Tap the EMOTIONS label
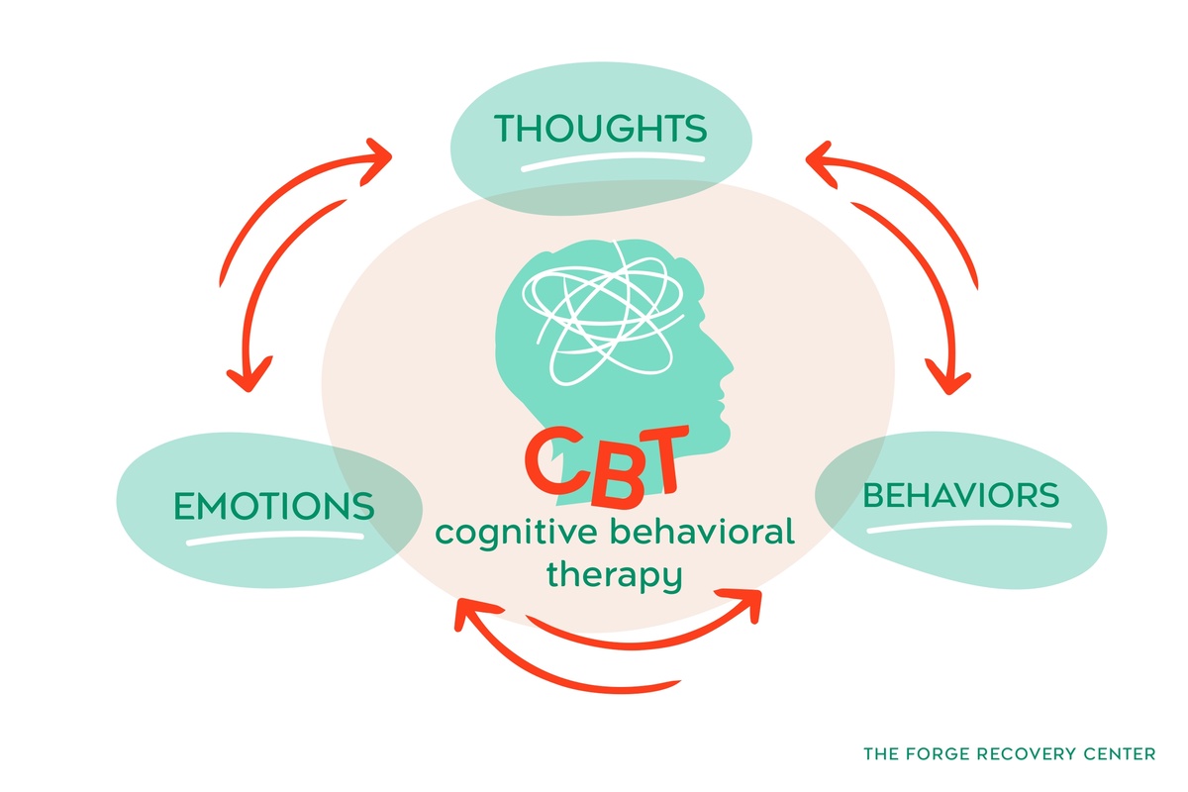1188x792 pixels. (274, 505)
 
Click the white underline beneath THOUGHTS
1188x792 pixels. (613, 161)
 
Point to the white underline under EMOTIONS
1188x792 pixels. (275, 539)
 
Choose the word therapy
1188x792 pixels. (615, 574)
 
